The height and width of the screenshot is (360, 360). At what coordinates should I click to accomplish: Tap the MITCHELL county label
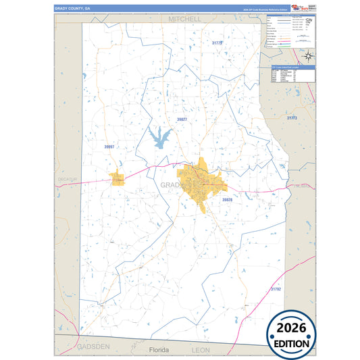pyautogui.click(x=186, y=19)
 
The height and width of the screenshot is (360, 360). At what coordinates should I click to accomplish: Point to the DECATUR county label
pyautogui.click(x=68, y=179)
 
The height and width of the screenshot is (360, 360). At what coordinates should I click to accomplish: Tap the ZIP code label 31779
pyautogui.click(x=217, y=43)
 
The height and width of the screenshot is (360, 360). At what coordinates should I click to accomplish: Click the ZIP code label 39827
pyautogui.click(x=182, y=119)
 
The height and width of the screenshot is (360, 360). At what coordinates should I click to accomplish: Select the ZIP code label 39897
pyautogui.click(x=109, y=147)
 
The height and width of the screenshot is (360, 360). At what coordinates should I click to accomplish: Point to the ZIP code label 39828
pyautogui.click(x=227, y=200)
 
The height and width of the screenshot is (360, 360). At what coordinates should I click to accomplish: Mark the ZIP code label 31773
pyautogui.click(x=292, y=118)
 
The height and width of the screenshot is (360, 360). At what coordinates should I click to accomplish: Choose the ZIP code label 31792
pyautogui.click(x=276, y=289)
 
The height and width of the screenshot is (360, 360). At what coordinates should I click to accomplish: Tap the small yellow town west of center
pyautogui.click(x=118, y=179)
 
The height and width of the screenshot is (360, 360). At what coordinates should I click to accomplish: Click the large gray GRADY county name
pyautogui.click(x=173, y=185)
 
